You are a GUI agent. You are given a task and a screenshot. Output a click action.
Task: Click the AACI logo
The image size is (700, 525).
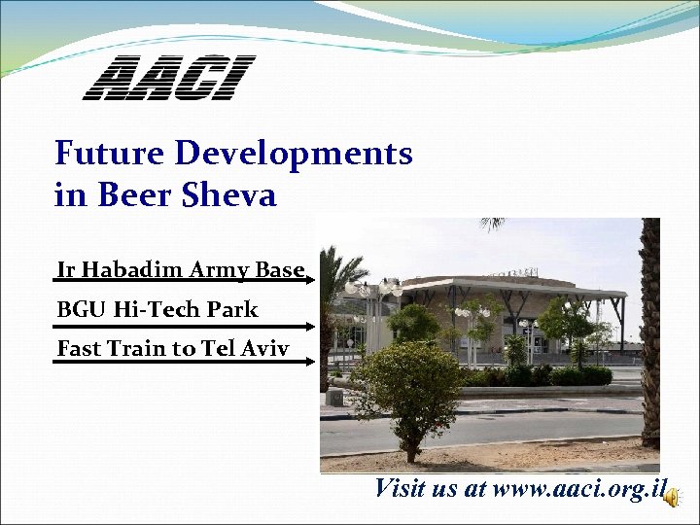(x=168, y=78)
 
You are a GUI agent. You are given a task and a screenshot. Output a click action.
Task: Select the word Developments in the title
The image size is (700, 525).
(x=294, y=154)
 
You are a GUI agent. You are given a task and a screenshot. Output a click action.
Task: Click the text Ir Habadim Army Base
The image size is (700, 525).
(x=181, y=269)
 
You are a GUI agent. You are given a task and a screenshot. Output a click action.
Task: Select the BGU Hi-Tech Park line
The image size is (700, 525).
(x=157, y=310)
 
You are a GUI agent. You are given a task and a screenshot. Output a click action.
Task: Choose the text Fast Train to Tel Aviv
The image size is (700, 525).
(x=173, y=348)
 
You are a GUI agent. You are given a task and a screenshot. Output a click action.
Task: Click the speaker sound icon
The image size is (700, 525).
(x=673, y=496)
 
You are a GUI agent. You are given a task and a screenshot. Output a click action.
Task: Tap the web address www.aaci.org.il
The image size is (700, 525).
(x=579, y=488)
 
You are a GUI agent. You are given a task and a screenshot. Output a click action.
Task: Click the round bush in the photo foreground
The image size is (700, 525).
(x=405, y=384)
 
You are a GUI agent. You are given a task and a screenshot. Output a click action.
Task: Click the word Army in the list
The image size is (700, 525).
(x=221, y=270)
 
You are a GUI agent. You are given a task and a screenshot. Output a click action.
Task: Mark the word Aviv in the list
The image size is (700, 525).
(x=265, y=348)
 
